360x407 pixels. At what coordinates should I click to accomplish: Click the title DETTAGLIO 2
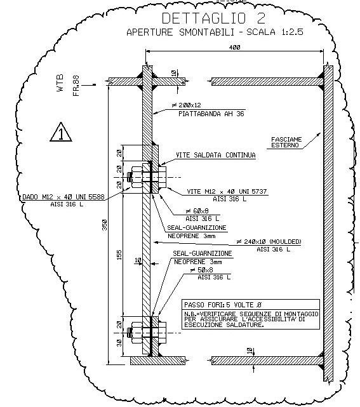(213, 18)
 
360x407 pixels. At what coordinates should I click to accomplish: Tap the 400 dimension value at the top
(235, 47)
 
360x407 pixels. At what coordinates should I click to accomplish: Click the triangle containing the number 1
(61, 132)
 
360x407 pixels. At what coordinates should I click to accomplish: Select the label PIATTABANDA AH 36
(211, 114)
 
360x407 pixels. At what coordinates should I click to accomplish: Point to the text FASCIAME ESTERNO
(286, 142)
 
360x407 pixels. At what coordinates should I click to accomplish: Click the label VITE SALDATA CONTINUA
(216, 155)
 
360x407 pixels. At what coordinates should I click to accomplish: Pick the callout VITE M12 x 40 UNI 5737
(227, 192)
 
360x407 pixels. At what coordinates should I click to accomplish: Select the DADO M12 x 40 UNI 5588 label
(63, 197)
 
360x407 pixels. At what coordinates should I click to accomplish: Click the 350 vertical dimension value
(104, 225)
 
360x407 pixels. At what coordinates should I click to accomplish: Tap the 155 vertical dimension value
(119, 255)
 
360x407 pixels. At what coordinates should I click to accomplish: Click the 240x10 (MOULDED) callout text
(269, 242)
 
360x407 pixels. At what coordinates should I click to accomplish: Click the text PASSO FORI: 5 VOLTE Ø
(223, 305)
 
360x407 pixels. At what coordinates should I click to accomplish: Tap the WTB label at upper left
(60, 83)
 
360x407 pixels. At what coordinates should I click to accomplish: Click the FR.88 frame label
(76, 86)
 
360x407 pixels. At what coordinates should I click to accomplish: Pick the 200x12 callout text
(187, 105)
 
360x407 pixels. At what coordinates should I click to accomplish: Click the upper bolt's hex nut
(137, 177)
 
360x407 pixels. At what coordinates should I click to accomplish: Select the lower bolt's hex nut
(137, 333)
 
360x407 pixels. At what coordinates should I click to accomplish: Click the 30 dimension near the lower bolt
(119, 343)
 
